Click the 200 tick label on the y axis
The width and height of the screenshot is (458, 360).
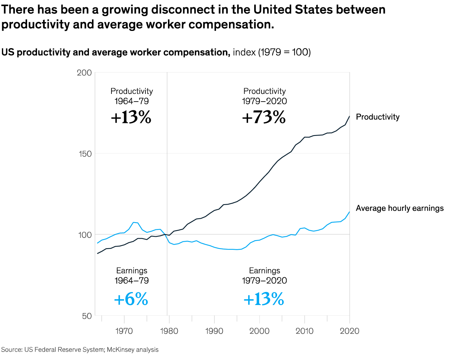pos(85,73)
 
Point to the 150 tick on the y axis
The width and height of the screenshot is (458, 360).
pos(85,153)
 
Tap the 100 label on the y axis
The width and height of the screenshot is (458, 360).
pos(85,234)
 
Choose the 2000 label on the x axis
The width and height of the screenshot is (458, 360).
pos(260,331)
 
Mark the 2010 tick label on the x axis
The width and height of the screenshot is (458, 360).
pos(305,331)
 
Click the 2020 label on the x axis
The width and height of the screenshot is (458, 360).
pos(349,331)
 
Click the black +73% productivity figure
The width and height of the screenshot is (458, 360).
pos(264,118)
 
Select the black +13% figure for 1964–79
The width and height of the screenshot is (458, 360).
pos(131,118)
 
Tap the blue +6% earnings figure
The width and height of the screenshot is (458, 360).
pos(131,299)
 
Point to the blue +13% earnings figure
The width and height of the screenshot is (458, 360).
pos(264,299)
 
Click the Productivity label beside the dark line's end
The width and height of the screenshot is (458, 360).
pos(377,117)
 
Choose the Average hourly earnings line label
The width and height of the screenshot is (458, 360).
pos(400,208)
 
